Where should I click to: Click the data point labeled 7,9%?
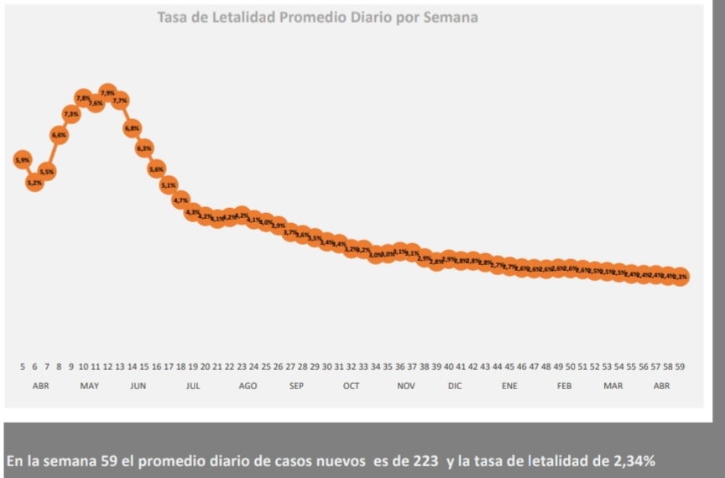(x=107, y=91)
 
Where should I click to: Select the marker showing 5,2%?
(x=34, y=181)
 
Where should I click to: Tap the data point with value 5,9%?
(x=23, y=159)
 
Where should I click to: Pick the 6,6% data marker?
(x=59, y=134)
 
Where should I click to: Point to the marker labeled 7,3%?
(x=71, y=113)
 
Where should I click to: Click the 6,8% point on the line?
(x=132, y=128)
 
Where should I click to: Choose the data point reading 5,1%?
(x=169, y=184)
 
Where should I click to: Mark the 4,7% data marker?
(x=180, y=200)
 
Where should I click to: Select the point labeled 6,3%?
(x=144, y=148)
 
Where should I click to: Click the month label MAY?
(x=89, y=386)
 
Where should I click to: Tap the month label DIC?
(x=455, y=386)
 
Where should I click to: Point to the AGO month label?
(x=248, y=386)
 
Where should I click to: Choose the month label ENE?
(x=509, y=386)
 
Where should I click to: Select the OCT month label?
(x=351, y=386)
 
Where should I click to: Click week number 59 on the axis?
(x=681, y=366)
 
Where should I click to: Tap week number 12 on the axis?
(x=107, y=366)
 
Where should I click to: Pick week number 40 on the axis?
(x=449, y=366)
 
